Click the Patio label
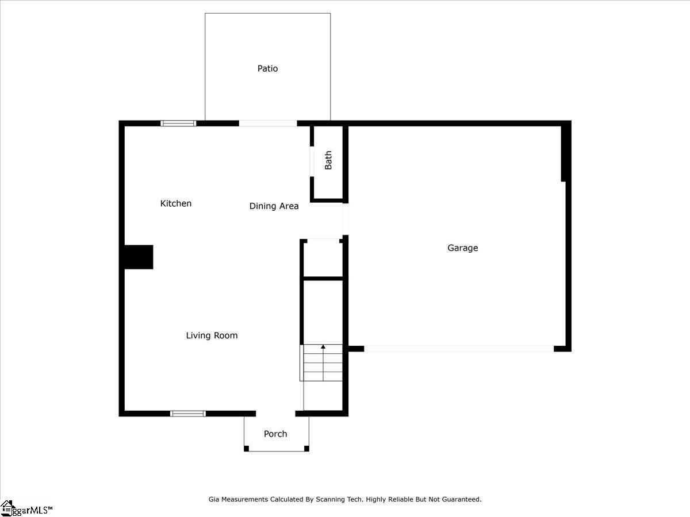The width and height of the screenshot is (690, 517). coord(267,68)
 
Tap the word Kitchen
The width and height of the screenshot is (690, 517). coord(176,203)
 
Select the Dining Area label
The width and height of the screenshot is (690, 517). coord(274,206)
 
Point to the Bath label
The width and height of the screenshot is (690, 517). coord(328,160)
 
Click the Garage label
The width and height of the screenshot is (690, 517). coord(462,248)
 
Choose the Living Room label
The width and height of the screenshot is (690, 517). coord(212,335)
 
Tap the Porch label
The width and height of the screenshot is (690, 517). coord(275,434)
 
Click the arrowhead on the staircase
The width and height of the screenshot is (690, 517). coord(323,347)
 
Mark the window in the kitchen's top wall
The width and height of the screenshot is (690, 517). coord(178,124)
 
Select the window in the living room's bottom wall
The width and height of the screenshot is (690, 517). coord(188,414)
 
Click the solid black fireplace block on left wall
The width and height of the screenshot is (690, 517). coord(139,257)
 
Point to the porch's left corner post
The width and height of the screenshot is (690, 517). coord(247,449)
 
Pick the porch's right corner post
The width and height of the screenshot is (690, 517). coord(306,449)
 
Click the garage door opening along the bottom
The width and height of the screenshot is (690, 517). coord(459,349)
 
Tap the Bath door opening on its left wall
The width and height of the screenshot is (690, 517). coord(312,161)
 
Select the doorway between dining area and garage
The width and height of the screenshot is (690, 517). coord(345,219)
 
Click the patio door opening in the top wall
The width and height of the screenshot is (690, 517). coord(268,124)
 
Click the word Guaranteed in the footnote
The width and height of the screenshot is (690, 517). coord(462,499)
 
